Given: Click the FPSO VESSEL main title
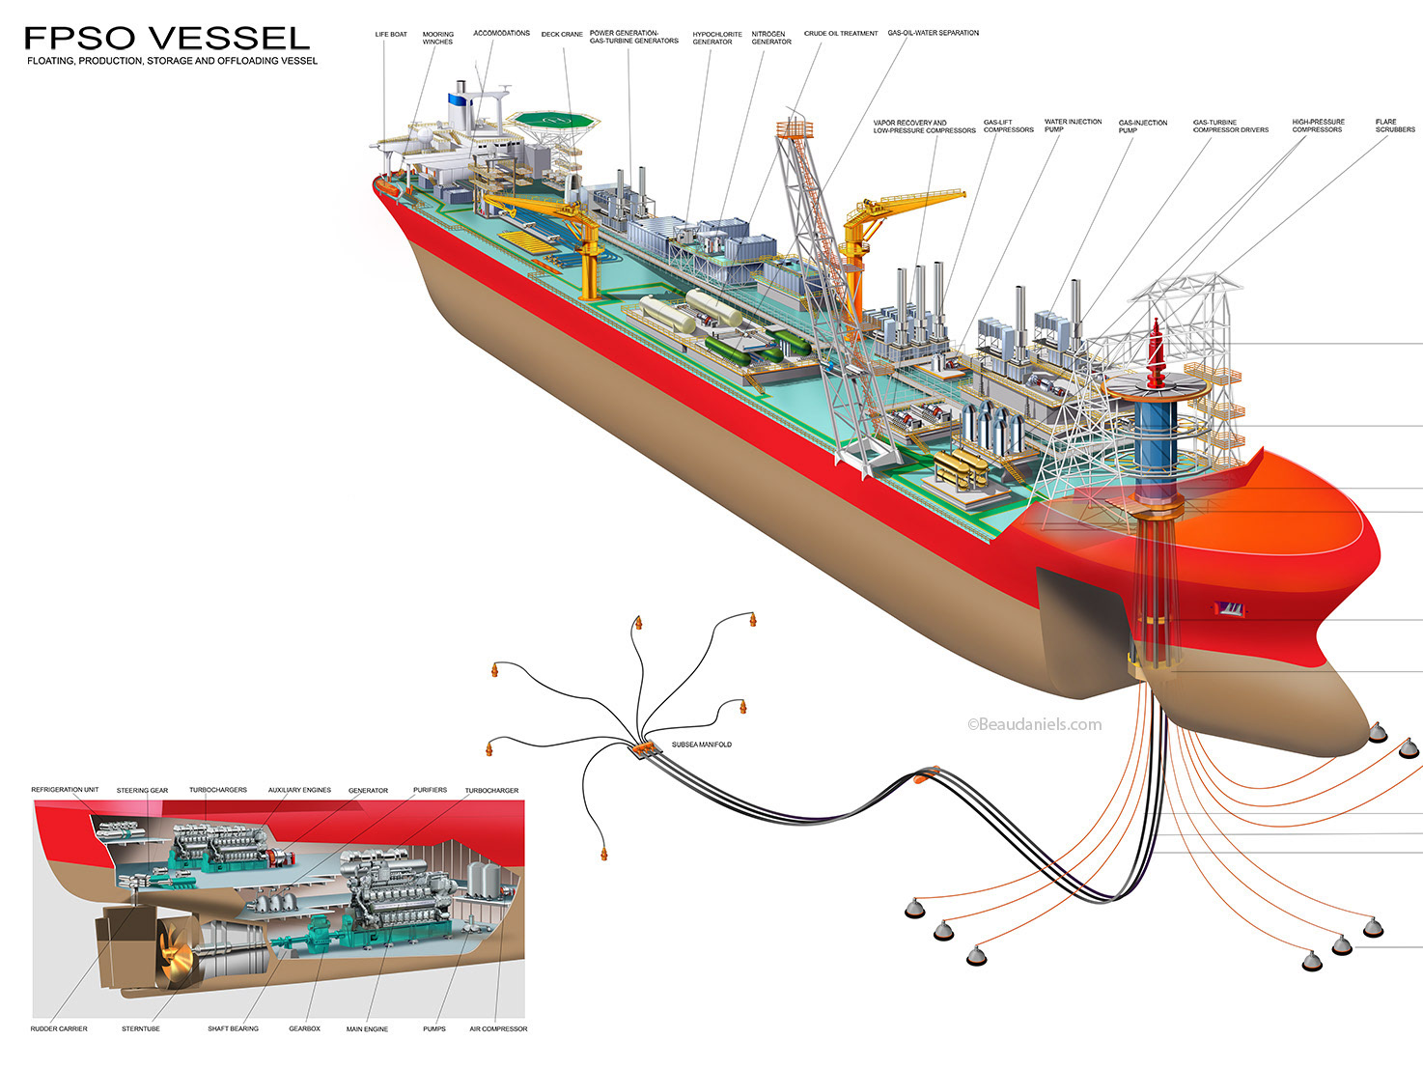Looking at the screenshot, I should pos(167,38).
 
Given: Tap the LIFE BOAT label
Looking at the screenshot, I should pos(391,35).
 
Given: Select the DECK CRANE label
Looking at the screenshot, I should pos(562,35).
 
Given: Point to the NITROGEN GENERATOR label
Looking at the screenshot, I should pos(771,38).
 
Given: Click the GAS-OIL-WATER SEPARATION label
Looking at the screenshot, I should pos(933,33).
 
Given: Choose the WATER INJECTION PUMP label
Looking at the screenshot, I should pos(1073,126).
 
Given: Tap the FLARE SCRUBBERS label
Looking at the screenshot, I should pos(1395,126).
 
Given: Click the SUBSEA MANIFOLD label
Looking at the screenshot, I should pos(701,745).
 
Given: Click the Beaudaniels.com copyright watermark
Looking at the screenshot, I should pos(1034,724).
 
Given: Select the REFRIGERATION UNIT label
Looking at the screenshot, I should pos(65,790).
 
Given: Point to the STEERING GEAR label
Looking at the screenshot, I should pos(142,791).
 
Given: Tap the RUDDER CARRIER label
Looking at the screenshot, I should pos(59,1028).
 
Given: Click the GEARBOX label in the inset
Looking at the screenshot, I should pos(304,1028).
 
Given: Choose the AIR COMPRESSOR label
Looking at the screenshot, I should pos(498,1028).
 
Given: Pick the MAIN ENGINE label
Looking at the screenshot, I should pos(367,1029).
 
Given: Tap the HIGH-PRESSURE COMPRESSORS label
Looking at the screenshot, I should pos(1318,126).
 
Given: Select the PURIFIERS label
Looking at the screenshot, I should pos(430,790).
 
